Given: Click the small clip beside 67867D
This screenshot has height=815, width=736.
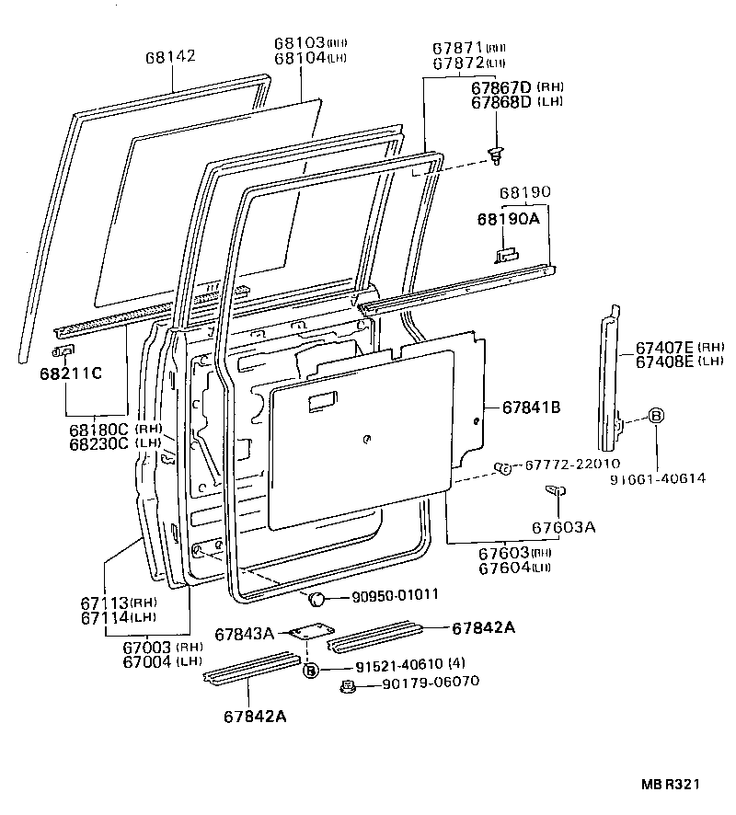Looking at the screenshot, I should [x=497, y=156].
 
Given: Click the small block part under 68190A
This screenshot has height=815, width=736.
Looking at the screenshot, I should [x=506, y=254].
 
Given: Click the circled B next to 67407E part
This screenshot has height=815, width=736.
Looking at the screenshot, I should [x=656, y=416].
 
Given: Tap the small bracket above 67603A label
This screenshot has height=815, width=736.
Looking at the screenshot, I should [x=555, y=491].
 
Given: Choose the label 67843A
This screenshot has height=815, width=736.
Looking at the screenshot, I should [x=245, y=634].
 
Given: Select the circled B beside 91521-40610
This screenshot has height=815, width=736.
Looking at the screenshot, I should [x=311, y=670].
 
